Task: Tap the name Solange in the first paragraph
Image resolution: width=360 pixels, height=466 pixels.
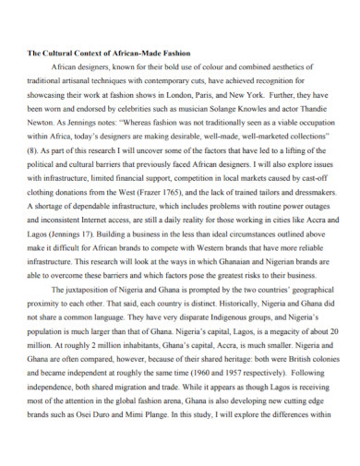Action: [x=233, y=107]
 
